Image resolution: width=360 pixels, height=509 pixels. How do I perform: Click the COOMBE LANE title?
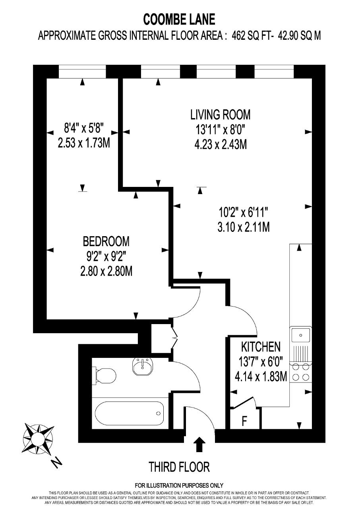(x=179, y=19)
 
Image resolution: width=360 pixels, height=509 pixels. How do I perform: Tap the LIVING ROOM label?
(x=220, y=115)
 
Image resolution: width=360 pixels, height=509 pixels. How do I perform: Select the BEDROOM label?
(x=106, y=241)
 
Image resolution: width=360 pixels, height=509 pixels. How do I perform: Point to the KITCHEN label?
(x=261, y=347)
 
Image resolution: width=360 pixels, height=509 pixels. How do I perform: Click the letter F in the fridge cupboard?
(x=244, y=421)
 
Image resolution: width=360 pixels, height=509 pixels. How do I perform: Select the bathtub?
(x=130, y=414)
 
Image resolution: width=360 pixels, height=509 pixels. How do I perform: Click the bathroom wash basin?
(x=143, y=367)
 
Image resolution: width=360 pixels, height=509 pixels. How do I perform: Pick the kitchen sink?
(x=301, y=335)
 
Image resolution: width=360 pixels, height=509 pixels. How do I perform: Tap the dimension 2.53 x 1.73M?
(x=84, y=143)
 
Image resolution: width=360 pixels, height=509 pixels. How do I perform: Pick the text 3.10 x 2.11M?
(x=244, y=227)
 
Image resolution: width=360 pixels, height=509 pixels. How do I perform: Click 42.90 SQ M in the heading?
(x=299, y=35)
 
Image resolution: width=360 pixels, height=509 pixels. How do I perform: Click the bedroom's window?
(x=82, y=71)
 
